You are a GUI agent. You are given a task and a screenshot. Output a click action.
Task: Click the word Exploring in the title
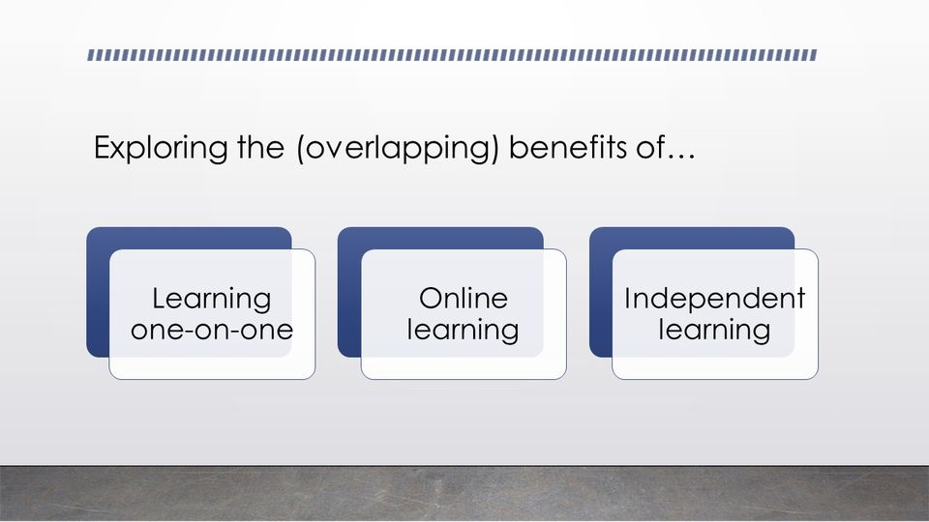[161, 148]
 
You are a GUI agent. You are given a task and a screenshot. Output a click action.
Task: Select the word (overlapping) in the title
[398, 149]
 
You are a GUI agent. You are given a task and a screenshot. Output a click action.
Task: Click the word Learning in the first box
[212, 300]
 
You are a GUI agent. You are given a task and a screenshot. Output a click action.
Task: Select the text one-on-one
[212, 330]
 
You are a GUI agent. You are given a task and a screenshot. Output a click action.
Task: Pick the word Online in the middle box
[464, 298]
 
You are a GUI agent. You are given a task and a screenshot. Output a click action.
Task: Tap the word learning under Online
[463, 331]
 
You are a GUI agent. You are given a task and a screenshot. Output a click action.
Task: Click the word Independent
[714, 300]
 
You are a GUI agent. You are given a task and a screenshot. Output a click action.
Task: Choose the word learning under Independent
[714, 331]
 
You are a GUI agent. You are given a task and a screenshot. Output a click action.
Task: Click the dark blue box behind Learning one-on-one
[99, 292]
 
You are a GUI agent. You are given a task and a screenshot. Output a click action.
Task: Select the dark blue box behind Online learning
[349, 292]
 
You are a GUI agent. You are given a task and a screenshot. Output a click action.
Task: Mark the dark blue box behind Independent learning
[601, 292]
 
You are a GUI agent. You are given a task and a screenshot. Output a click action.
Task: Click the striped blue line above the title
[453, 55]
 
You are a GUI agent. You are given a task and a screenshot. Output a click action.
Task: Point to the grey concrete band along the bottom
[464, 493]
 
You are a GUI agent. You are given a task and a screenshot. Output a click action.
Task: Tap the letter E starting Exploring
[103, 147]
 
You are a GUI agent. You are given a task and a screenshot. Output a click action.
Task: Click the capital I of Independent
[627, 299]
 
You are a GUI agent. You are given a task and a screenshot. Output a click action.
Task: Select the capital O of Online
[432, 299]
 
